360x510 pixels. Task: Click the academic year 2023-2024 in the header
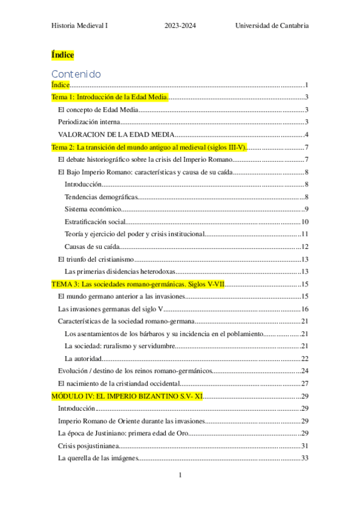180,25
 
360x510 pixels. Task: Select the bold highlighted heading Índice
63,55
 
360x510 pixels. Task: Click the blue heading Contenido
76,74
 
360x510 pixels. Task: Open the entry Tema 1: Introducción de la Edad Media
109,97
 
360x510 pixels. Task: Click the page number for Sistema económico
306,209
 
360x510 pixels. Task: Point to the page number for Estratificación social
305,222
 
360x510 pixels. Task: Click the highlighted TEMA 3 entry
138,284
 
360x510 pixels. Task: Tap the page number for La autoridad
305,358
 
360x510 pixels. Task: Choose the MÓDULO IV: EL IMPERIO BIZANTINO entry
127,396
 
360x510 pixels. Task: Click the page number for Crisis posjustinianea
305,446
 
